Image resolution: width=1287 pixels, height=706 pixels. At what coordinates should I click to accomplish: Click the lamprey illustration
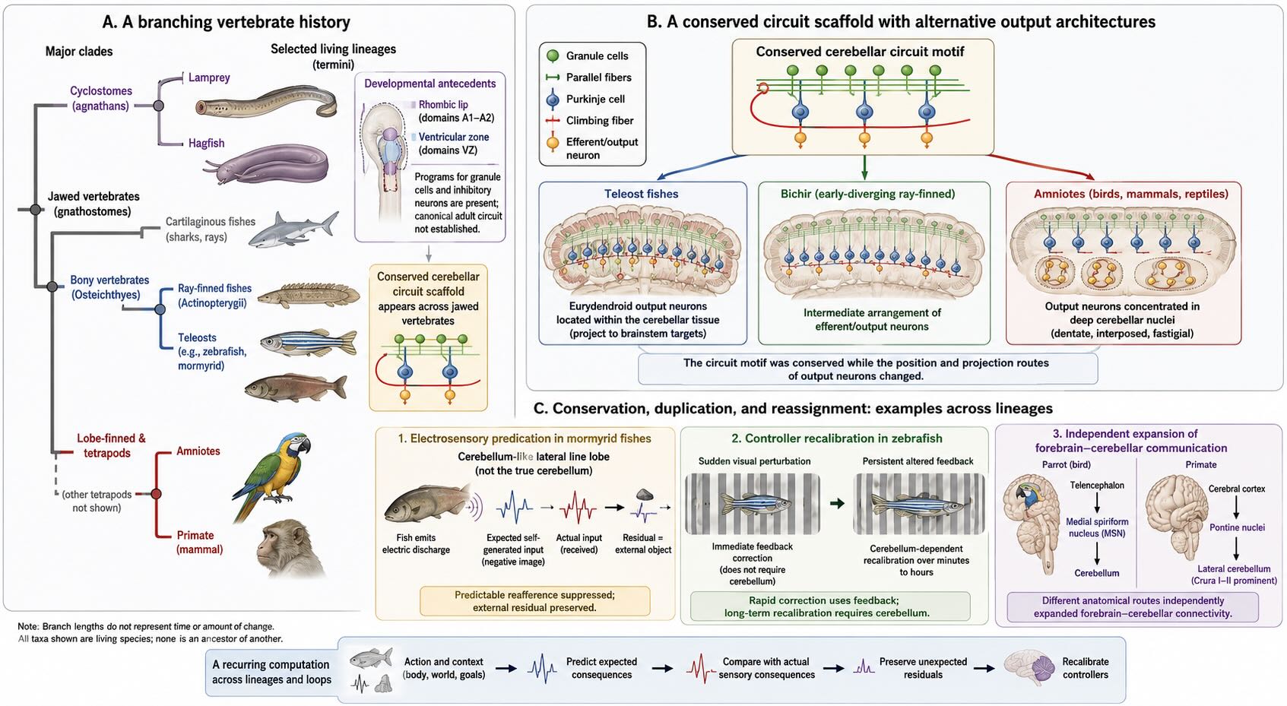tap(266, 103)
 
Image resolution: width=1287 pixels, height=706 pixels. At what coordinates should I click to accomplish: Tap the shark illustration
tap(293, 230)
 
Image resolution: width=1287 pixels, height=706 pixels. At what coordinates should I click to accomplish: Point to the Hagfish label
tap(206, 143)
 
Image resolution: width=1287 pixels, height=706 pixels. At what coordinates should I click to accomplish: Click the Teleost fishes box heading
tap(641, 194)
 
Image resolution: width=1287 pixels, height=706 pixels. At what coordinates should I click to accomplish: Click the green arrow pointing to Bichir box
tap(864, 167)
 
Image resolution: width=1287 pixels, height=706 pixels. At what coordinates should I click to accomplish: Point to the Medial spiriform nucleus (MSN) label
tap(1097, 527)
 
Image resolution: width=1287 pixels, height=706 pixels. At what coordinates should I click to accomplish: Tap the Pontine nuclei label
tap(1237, 527)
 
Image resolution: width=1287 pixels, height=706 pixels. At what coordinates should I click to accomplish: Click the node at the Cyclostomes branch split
tap(159, 106)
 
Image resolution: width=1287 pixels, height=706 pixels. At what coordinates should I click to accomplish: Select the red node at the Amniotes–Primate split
tap(156, 493)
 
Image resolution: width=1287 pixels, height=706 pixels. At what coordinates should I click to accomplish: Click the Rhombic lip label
tap(443, 105)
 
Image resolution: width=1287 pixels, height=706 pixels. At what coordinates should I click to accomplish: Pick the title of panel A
tap(226, 22)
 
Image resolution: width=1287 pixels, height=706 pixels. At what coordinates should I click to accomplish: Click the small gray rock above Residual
tap(644, 494)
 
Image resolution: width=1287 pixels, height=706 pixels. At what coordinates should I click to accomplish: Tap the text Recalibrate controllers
tap(1086, 668)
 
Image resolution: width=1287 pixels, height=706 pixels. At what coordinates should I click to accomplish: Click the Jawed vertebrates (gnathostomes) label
tap(93, 204)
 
